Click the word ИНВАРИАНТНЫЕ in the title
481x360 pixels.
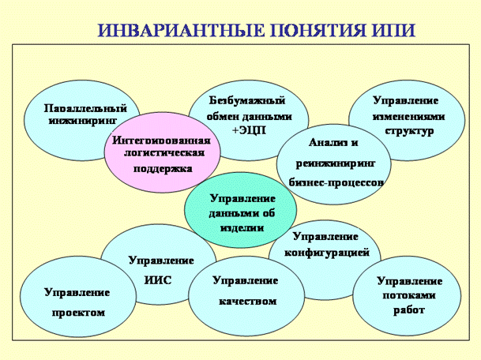182,30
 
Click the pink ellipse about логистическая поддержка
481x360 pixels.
162,153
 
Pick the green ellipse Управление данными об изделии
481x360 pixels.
241,210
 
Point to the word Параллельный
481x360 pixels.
85,108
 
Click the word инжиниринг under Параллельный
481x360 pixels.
83,121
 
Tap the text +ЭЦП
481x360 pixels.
249,130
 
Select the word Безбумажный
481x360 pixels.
247,100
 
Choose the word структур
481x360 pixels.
409,131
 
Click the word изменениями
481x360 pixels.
408,117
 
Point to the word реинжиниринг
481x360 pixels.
336,163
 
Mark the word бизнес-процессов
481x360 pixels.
336,182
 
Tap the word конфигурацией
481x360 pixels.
327,253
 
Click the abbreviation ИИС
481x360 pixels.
158,280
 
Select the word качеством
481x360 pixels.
248,301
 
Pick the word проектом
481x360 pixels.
78,313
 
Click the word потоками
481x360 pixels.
409,295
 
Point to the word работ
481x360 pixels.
409,310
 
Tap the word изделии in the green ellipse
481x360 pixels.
242,228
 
